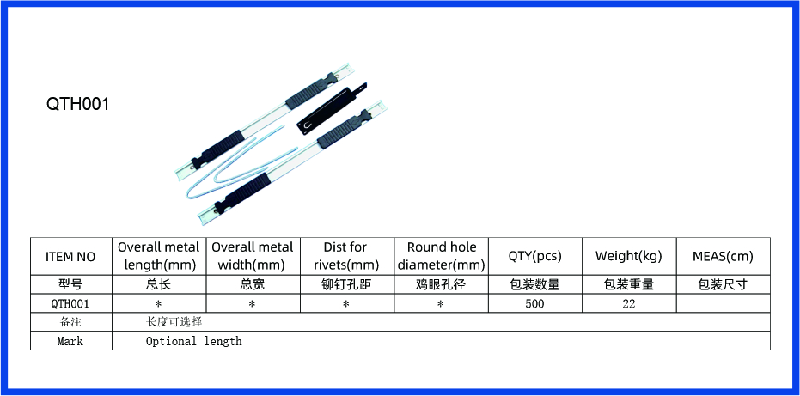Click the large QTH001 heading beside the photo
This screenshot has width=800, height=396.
(78, 104)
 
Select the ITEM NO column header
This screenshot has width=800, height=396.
(70, 257)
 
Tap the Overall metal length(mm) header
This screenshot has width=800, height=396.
(159, 256)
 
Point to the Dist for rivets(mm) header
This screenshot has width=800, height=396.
(346, 256)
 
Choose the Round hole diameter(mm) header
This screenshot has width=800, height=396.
(442, 256)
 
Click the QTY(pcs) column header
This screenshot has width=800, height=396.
(534, 256)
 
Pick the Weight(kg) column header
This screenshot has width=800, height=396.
(629, 256)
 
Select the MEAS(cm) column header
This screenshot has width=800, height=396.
(723, 256)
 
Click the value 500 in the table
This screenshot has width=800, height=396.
(534, 303)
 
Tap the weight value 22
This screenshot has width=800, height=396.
(629, 303)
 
